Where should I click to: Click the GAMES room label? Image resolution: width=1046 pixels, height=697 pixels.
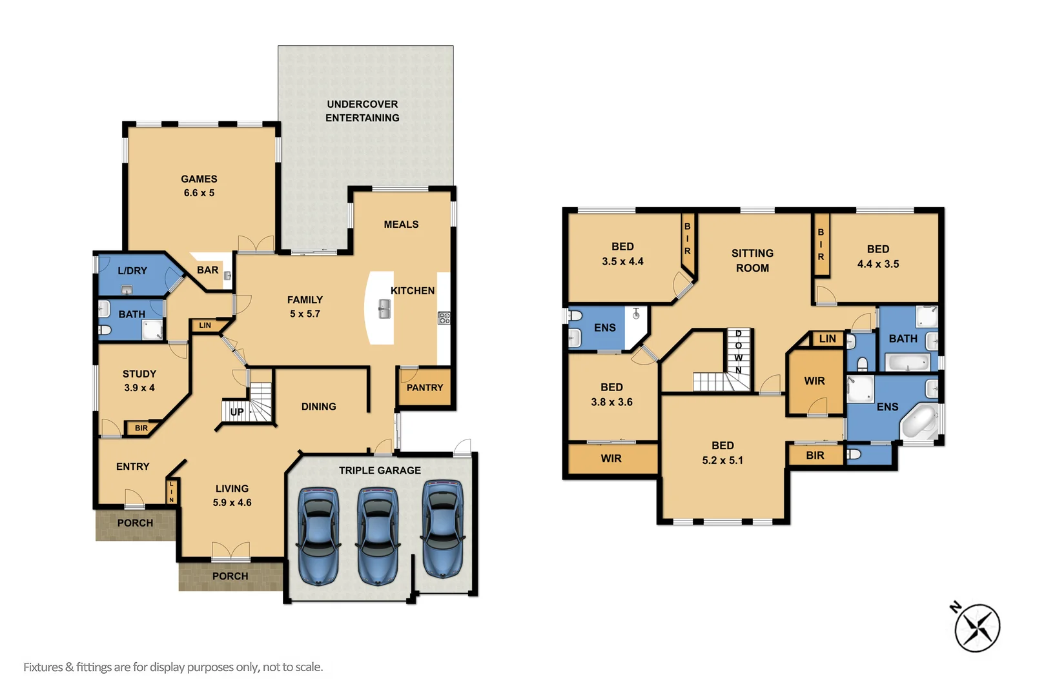(199, 179)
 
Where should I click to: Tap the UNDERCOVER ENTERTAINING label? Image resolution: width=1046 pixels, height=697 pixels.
(362, 111)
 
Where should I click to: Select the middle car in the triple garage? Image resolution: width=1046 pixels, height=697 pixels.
(378, 535)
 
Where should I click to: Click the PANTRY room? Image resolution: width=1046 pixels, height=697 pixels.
(425, 387)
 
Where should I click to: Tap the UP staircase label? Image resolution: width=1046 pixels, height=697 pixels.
(237, 412)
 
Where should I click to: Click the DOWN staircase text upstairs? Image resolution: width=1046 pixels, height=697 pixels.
(738, 352)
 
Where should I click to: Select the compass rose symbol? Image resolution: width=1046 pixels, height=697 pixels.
(978, 627)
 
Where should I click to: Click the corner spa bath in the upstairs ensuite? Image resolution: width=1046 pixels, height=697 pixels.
(919, 422)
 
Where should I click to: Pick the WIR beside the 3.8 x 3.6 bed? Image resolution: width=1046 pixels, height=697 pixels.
(611, 458)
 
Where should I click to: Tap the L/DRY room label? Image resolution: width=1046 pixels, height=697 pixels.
(132, 270)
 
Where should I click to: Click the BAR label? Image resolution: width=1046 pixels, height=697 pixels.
(207, 270)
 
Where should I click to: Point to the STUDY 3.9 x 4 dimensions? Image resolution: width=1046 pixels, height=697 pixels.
(139, 388)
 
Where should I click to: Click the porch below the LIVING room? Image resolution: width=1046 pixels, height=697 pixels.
(231, 576)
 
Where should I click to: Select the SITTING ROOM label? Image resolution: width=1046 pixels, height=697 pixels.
(752, 260)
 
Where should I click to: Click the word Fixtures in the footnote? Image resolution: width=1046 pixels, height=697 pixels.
(43, 667)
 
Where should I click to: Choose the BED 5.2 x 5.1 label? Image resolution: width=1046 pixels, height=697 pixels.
(723, 452)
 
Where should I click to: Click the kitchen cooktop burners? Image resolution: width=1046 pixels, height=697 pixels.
(444, 317)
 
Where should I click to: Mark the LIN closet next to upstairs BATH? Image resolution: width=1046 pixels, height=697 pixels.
(827, 338)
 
